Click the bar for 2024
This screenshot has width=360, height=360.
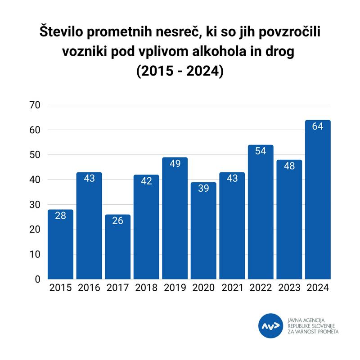click(x=318, y=200)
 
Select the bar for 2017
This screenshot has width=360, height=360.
click(x=117, y=247)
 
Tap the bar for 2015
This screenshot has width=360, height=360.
click(x=60, y=245)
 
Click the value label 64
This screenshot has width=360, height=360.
click(x=318, y=126)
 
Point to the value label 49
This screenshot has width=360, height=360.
click(x=175, y=163)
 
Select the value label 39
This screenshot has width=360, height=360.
click(x=203, y=188)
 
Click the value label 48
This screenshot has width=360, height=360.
click(x=289, y=166)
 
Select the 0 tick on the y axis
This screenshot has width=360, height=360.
click(x=38, y=279)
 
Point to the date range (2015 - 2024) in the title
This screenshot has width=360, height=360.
click(x=180, y=71)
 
